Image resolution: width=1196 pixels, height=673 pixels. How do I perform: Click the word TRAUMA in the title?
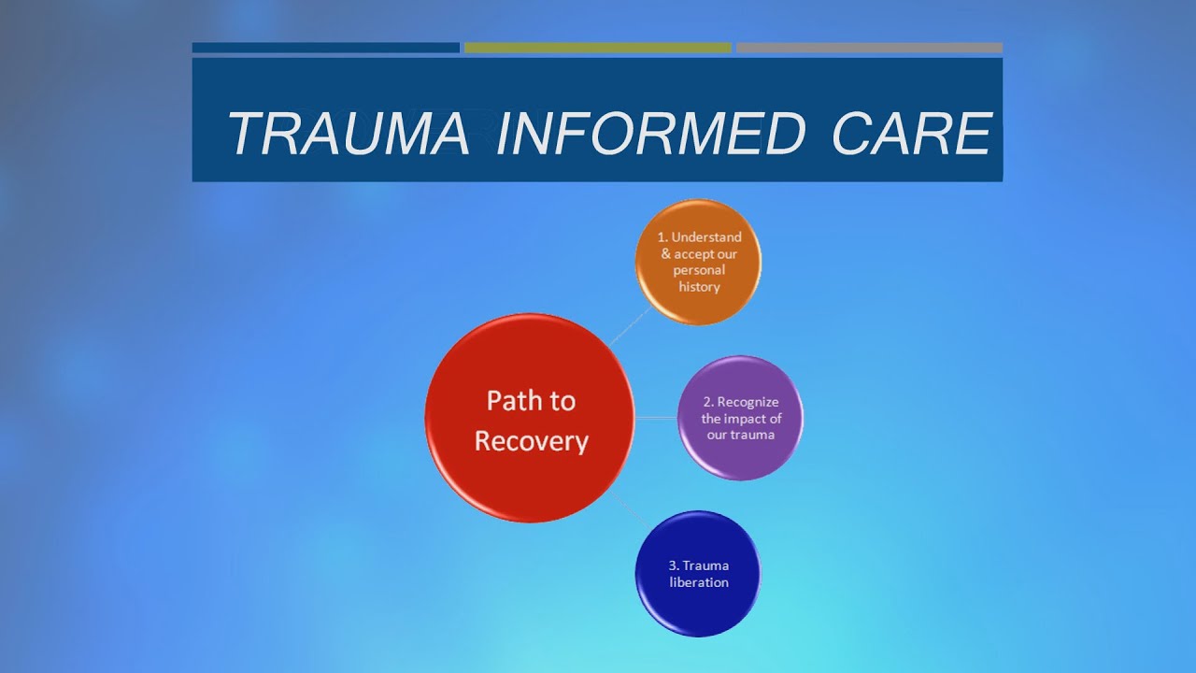tap(348, 134)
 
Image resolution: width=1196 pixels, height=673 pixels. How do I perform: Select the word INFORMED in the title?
tap(650, 134)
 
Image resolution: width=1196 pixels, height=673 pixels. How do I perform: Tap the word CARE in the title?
tap(911, 134)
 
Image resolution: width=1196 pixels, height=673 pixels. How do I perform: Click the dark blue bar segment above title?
tap(325, 48)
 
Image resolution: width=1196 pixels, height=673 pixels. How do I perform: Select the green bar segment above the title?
tap(597, 48)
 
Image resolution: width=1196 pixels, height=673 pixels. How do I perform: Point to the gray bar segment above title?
tap(869, 48)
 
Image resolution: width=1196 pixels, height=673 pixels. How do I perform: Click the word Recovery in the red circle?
tap(531, 440)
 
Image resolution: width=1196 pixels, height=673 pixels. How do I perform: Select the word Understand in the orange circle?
tap(706, 237)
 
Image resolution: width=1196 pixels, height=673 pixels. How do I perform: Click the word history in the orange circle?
tap(699, 287)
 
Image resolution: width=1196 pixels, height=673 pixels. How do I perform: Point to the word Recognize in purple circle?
tap(747, 402)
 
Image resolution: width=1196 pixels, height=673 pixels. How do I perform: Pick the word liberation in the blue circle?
tap(699, 582)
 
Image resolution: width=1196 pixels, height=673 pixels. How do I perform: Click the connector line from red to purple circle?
tap(656, 418)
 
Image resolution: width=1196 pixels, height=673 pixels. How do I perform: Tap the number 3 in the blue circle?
tap(673, 566)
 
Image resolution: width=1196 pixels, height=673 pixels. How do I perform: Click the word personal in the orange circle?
tap(699, 270)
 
